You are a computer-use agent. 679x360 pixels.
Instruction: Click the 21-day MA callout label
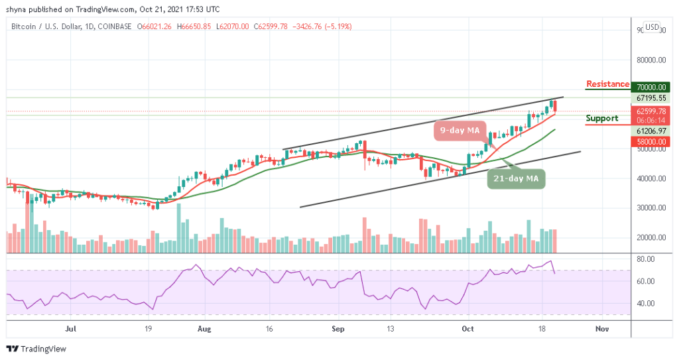coord(517,178)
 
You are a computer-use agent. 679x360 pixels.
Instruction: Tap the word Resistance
coord(607,84)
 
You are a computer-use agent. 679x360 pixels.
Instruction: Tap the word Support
coord(602,119)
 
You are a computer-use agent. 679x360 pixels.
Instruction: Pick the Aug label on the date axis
coord(204,328)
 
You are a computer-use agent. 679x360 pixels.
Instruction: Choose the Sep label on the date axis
coord(338,328)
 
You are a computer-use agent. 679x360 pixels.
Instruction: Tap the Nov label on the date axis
coord(602,328)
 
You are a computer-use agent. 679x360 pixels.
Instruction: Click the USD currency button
coord(652,27)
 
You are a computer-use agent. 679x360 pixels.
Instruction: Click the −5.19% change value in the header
coord(339,27)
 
